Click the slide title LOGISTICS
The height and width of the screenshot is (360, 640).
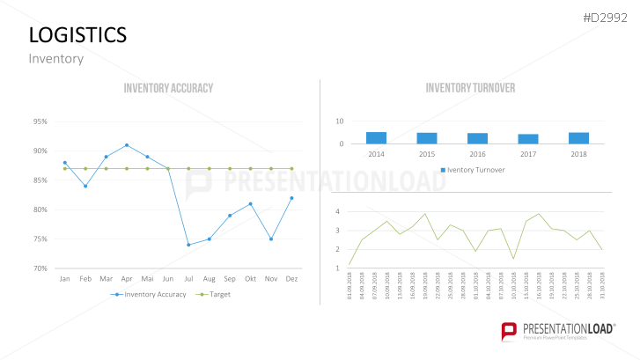click(x=77, y=34)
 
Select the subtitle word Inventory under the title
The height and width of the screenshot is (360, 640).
click(x=55, y=59)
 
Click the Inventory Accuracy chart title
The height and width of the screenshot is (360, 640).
click(x=168, y=88)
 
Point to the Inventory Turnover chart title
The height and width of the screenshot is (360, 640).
click(x=470, y=88)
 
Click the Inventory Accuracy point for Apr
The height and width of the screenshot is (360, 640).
click(x=127, y=145)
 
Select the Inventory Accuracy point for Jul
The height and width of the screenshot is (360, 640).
click(x=188, y=245)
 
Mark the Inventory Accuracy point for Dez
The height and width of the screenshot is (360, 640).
click(x=291, y=198)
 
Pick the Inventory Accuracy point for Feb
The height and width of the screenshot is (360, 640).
click(x=85, y=186)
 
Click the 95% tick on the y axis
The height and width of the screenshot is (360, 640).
click(x=41, y=121)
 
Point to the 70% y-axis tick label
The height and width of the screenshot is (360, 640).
click(x=41, y=268)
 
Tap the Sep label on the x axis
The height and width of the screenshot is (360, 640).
click(x=230, y=279)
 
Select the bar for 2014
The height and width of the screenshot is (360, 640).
click(x=376, y=138)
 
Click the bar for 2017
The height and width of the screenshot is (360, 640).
click(x=528, y=139)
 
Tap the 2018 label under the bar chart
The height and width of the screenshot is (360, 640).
click(x=578, y=154)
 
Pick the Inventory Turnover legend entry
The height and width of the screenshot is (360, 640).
click(x=472, y=169)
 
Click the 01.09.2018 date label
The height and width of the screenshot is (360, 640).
click(x=350, y=287)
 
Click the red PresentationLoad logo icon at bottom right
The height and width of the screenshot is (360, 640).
click(x=508, y=332)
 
